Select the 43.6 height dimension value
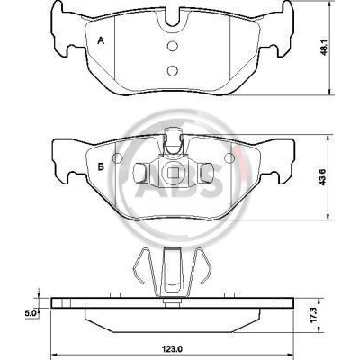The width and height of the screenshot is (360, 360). point(324,177)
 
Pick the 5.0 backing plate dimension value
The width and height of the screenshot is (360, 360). point(31,313)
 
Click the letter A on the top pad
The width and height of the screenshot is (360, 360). point(101,40)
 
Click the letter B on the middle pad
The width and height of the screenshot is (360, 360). point(101,166)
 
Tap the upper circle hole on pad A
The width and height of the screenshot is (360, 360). point(173,46)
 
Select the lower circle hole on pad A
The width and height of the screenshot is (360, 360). point(173,70)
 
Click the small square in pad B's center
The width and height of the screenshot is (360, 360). point(172,172)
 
